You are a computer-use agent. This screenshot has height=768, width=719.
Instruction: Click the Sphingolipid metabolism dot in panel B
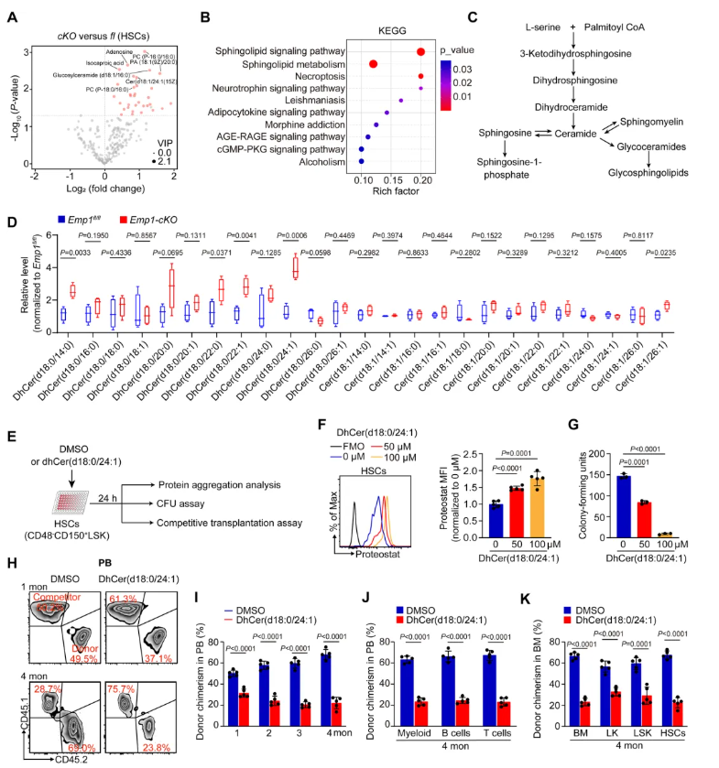click(373, 64)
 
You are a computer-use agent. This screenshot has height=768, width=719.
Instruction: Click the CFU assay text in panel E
click(207, 502)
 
